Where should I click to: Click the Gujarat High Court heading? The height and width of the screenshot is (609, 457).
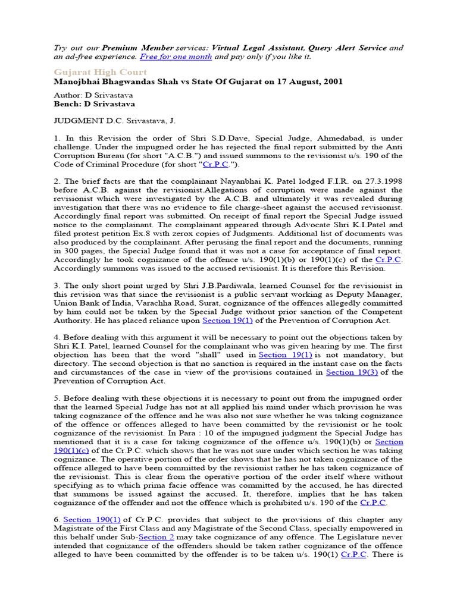(101, 72)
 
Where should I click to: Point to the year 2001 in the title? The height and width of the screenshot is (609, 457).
(331, 81)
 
